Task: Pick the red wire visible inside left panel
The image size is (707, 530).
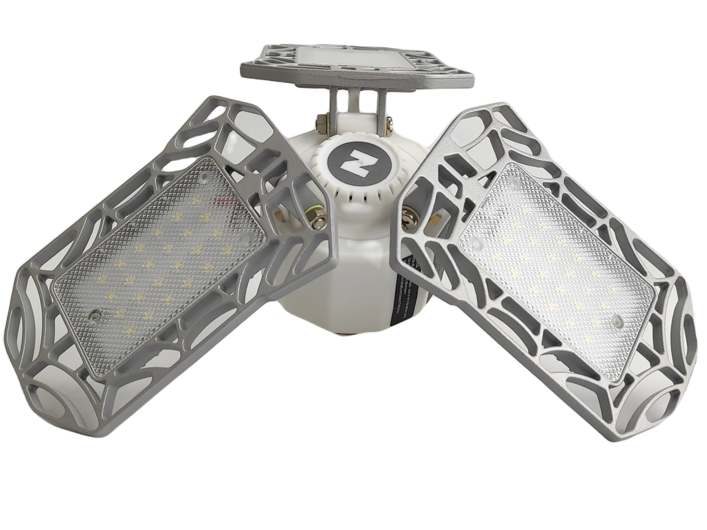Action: (226, 201)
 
